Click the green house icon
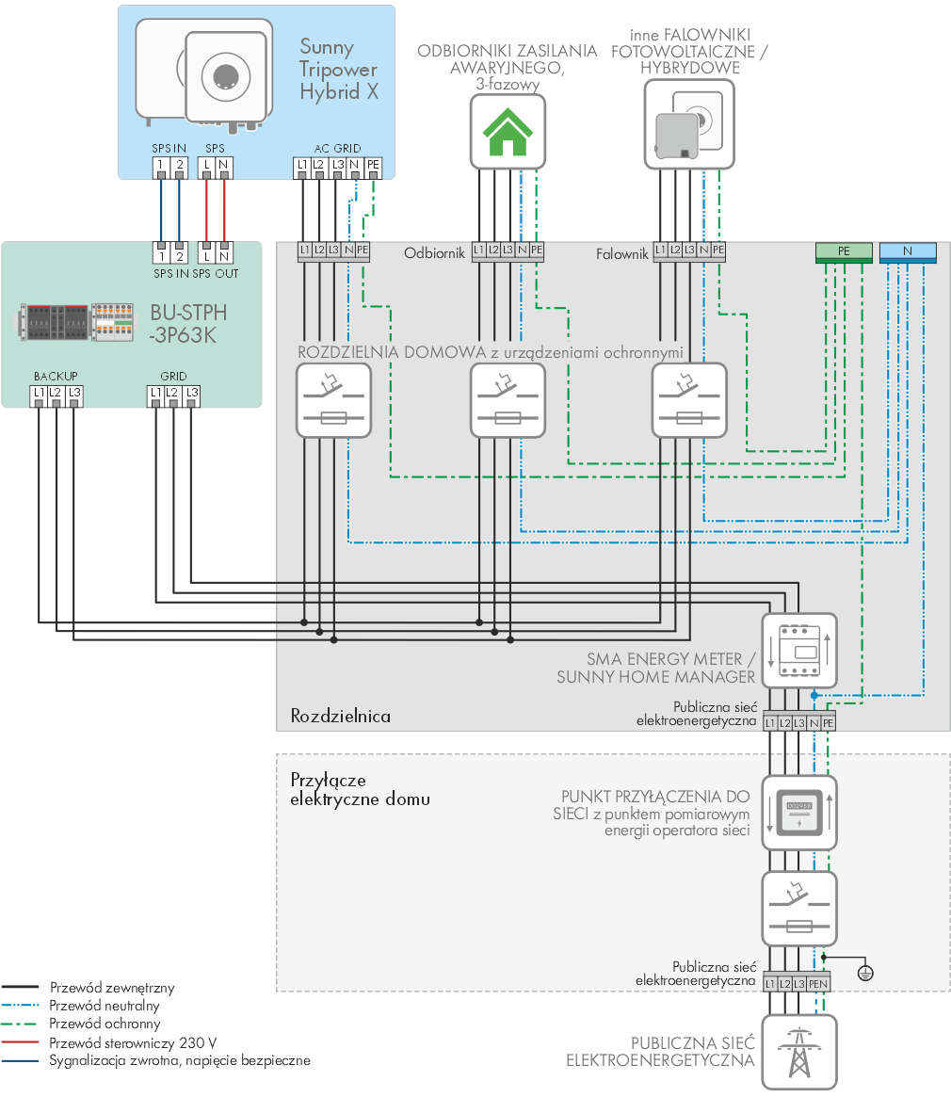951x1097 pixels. point(508,132)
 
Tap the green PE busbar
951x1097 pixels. point(844,251)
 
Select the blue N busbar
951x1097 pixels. point(908,251)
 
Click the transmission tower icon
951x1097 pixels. point(799,1052)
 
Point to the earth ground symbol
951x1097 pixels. point(865,973)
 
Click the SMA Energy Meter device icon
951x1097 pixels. point(799,651)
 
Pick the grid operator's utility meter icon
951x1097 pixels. point(799,813)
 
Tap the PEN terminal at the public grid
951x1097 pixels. point(818,984)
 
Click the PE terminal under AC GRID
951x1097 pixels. point(373,166)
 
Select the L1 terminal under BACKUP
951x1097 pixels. point(39,394)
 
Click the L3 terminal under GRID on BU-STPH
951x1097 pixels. point(192,394)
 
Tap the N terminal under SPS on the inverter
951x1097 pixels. point(224,166)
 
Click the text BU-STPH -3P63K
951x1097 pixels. point(188,324)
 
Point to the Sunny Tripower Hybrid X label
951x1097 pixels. point(339,70)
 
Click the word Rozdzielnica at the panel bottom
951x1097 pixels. point(341,716)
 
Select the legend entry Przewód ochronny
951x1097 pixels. point(105,1024)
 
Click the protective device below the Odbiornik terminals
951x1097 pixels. point(508,400)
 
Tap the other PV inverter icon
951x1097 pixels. point(689,124)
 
